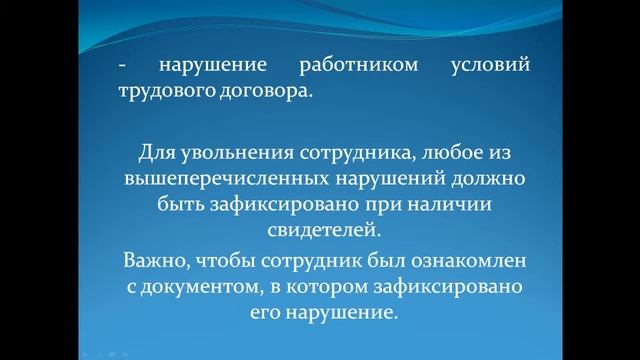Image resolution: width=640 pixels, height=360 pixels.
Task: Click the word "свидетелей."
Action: [319, 231]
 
